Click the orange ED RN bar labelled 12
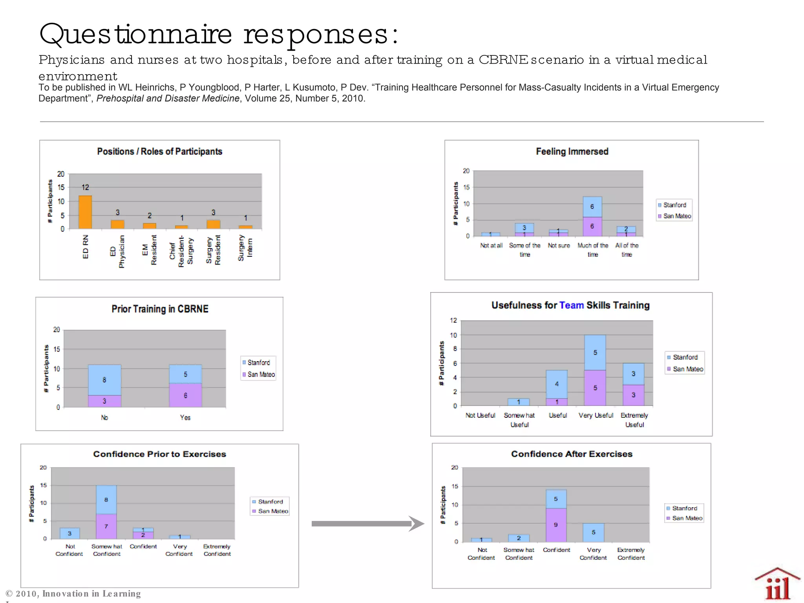click(85, 212)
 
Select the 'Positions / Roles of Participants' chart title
click(159, 152)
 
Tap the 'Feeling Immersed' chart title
click(572, 152)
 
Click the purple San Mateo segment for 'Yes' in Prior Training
click(185, 395)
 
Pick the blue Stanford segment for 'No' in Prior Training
click(104, 380)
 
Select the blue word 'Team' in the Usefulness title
click(571, 305)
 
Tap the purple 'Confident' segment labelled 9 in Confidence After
click(556, 525)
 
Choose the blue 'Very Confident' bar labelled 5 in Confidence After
click(593, 532)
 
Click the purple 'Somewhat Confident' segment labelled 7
click(106, 526)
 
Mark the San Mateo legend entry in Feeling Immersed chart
click(674, 216)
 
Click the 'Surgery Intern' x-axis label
click(245, 248)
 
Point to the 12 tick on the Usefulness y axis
click(453, 320)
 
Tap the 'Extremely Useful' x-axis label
click(634, 420)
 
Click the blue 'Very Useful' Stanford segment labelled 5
click(595, 353)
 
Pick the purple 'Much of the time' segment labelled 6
click(592, 226)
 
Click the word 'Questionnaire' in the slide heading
click(136, 34)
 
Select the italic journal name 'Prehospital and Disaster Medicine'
click(168, 99)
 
